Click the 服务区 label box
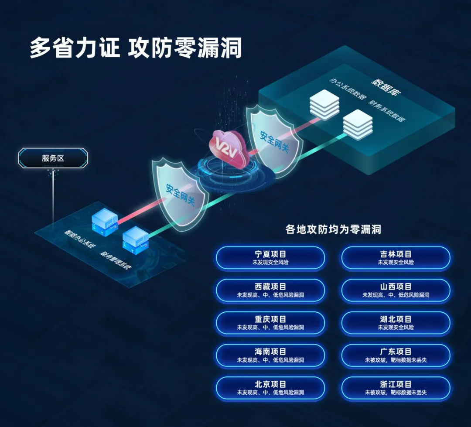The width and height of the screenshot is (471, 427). pos(53,158)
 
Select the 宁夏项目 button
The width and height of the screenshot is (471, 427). pos(270,258)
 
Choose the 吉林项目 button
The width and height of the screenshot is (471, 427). pos(396,258)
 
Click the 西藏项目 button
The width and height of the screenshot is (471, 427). pos(270,290)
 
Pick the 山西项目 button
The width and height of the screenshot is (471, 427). pos(396,290)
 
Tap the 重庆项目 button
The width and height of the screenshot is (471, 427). pos(270,323)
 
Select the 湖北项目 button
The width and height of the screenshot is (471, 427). pos(396,323)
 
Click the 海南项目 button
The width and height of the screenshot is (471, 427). pos(270,355)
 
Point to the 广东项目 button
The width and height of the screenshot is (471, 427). pos(396,355)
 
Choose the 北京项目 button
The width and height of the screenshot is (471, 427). pos(270,388)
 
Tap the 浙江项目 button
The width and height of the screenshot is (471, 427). pos(396,388)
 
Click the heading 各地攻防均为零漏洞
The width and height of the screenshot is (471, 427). pos(333,229)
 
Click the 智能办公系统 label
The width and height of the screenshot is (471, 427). pos(80,241)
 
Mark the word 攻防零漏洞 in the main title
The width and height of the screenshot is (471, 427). pos(184,48)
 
